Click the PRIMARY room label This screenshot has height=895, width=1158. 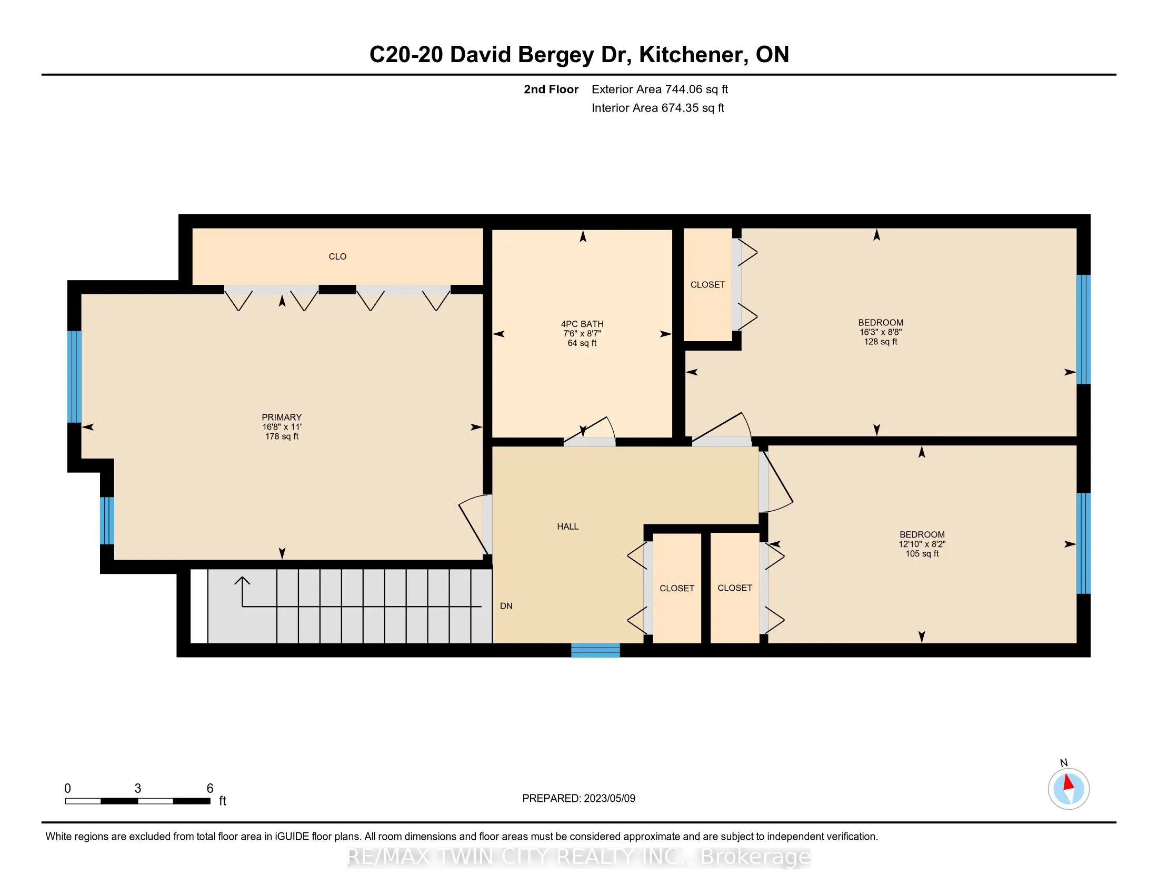click(282, 417)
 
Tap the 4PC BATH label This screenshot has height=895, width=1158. click(582, 324)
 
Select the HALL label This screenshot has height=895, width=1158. click(567, 526)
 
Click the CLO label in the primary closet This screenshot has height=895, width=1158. click(337, 256)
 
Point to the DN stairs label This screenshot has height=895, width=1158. click(506, 606)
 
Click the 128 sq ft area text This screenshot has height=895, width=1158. click(880, 342)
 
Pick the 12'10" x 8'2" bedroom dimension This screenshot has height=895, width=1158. click(922, 544)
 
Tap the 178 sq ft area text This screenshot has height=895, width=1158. click(282, 436)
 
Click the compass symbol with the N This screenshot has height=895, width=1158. click(1069, 789)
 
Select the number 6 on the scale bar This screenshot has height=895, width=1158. click(210, 789)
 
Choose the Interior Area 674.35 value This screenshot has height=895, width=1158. click(692, 108)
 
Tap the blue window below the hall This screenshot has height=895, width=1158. click(595, 650)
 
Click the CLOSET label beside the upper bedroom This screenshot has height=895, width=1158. click(707, 285)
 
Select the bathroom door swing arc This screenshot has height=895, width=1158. click(610, 427)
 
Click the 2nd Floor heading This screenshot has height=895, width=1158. click(551, 89)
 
